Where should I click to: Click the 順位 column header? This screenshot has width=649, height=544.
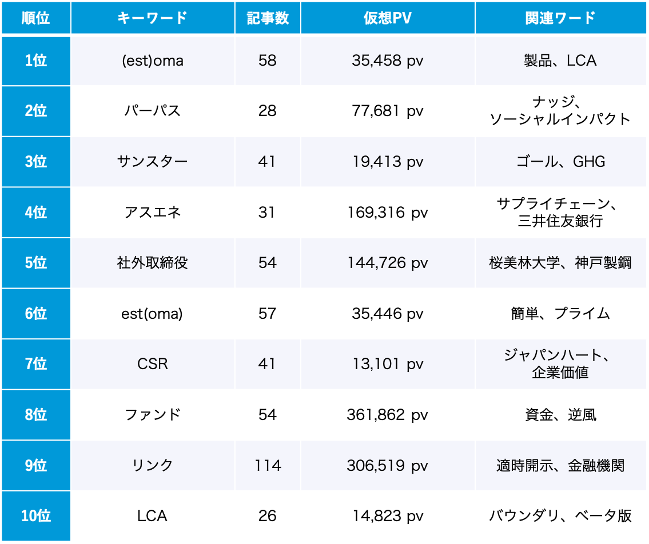tap(35, 18)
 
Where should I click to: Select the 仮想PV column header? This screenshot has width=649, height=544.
tap(387, 18)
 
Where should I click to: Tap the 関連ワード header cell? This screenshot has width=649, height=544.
tap(560, 18)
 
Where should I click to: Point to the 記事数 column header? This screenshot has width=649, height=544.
tap(267, 18)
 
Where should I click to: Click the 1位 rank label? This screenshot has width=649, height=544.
tap(35, 61)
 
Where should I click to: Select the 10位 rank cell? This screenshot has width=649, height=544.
tap(35, 516)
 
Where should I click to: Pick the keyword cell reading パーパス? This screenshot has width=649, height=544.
tap(152, 111)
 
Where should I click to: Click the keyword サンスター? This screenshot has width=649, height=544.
tap(152, 162)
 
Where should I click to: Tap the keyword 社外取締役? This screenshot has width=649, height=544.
tap(152, 263)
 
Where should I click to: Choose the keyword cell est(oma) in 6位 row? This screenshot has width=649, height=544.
tap(152, 314)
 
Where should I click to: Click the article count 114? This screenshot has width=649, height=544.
tap(267, 466)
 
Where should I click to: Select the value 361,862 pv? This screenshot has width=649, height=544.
tap(387, 415)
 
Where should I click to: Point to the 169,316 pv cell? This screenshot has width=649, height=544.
tap(387, 213)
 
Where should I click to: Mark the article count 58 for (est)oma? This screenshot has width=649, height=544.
tap(267, 61)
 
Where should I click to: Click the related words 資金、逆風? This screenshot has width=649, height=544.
tap(560, 415)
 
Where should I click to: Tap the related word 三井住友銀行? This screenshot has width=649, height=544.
tap(560, 221)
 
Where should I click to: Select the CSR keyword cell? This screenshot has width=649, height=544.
tap(152, 364)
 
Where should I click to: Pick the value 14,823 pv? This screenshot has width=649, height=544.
tap(387, 516)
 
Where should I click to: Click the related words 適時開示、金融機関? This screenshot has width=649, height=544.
tap(560, 466)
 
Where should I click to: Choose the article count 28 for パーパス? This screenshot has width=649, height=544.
tap(267, 111)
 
